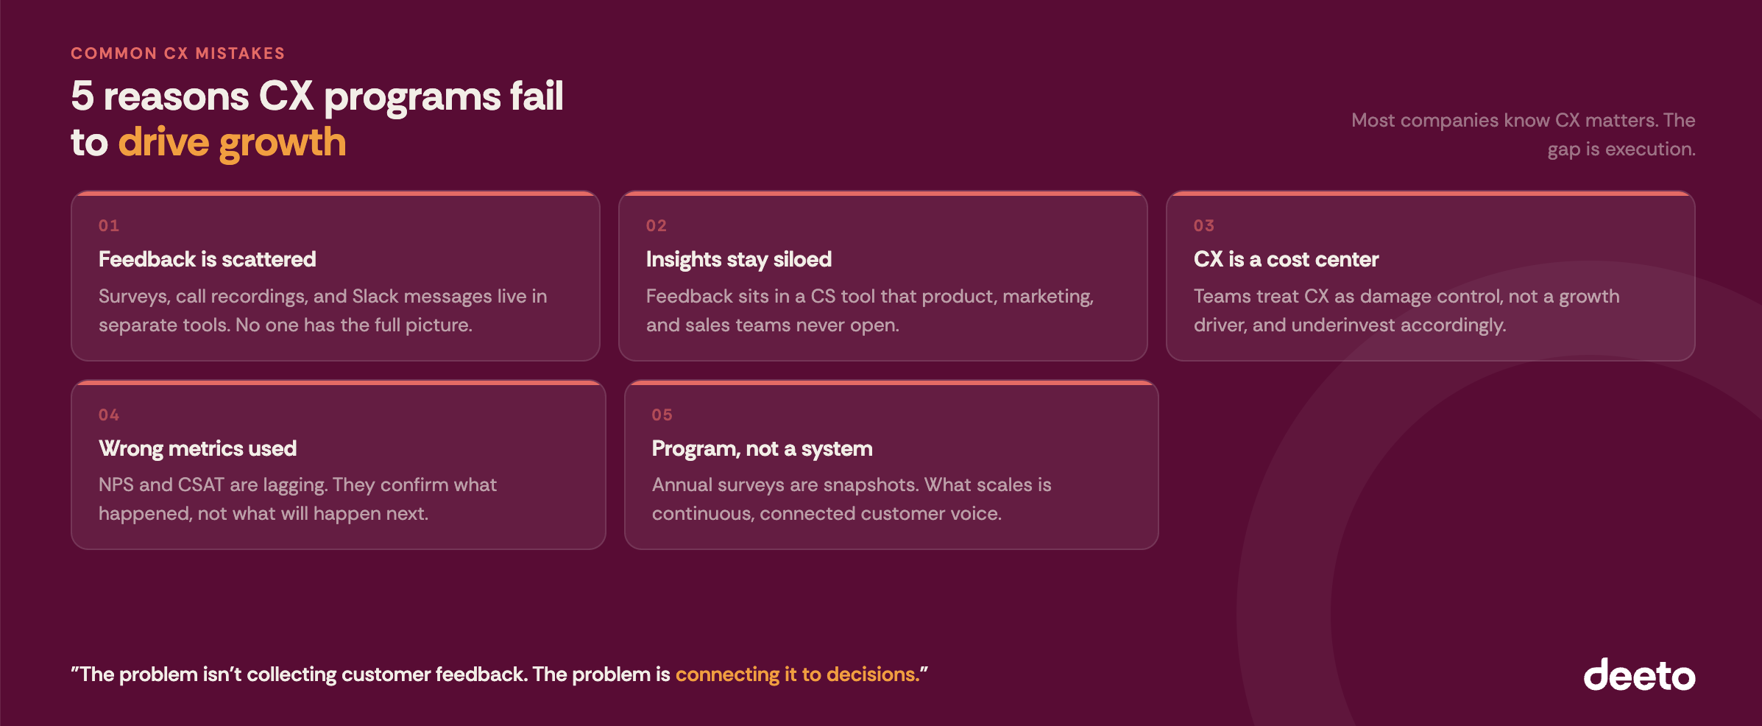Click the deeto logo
(x=1639, y=675)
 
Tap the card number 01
(x=109, y=226)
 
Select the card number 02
(x=657, y=226)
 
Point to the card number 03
(x=1204, y=226)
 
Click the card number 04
(x=109, y=415)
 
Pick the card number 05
(x=662, y=415)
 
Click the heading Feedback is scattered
(x=208, y=259)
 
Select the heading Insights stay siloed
(x=739, y=259)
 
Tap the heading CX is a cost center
(x=1286, y=259)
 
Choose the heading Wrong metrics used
(x=197, y=448)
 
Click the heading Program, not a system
(x=762, y=448)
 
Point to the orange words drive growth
(x=232, y=142)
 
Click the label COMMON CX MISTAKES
(x=177, y=54)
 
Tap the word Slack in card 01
(x=375, y=296)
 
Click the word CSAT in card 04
(x=201, y=484)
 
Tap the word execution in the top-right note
(x=1649, y=149)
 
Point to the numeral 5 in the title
(x=82, y=96)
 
